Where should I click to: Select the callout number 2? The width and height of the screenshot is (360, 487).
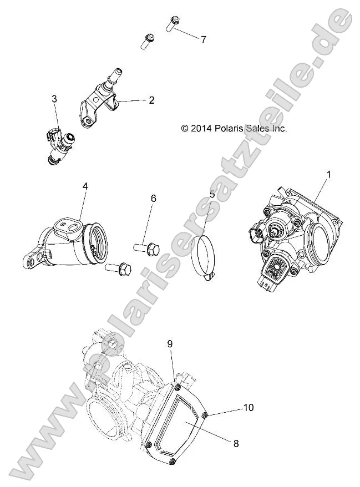tap(151, 100)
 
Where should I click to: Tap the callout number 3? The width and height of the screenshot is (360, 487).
tap(54, 99)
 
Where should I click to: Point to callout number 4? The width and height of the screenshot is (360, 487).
tap(85, 186)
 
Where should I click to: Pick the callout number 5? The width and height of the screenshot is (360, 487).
tap(211, 195)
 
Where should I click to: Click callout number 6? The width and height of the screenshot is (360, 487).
tap(154, 198)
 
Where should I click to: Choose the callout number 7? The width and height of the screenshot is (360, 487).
tap(203, 39)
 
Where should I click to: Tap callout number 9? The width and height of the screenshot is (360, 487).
tap(171, 343)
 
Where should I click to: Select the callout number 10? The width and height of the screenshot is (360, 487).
tap(248, 408)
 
